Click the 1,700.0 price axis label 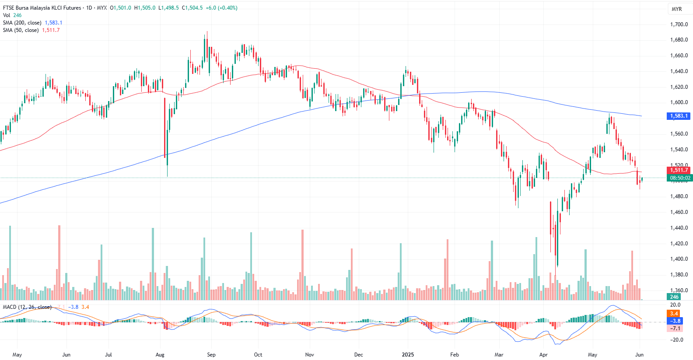click(679, 24)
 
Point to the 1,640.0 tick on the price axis click(679, 71)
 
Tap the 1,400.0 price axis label click(679, 259)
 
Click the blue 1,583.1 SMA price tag click(679, 116)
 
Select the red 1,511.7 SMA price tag click(679, 170)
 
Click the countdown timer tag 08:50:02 click(680, 178)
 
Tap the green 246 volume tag click(674, 297)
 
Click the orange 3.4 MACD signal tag click(674, 314)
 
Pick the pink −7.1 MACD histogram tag click(675, 329)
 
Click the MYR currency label click(676, 9)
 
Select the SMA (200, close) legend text click(22, 23)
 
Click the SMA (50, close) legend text click(21, 30)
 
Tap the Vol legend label click(7, 15)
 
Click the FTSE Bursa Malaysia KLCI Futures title click(42, 8)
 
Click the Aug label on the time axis click(160, 355)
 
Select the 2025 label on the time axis click(408, 355)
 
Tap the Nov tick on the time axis click(309, 355)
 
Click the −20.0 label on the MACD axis click(676, 340)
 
